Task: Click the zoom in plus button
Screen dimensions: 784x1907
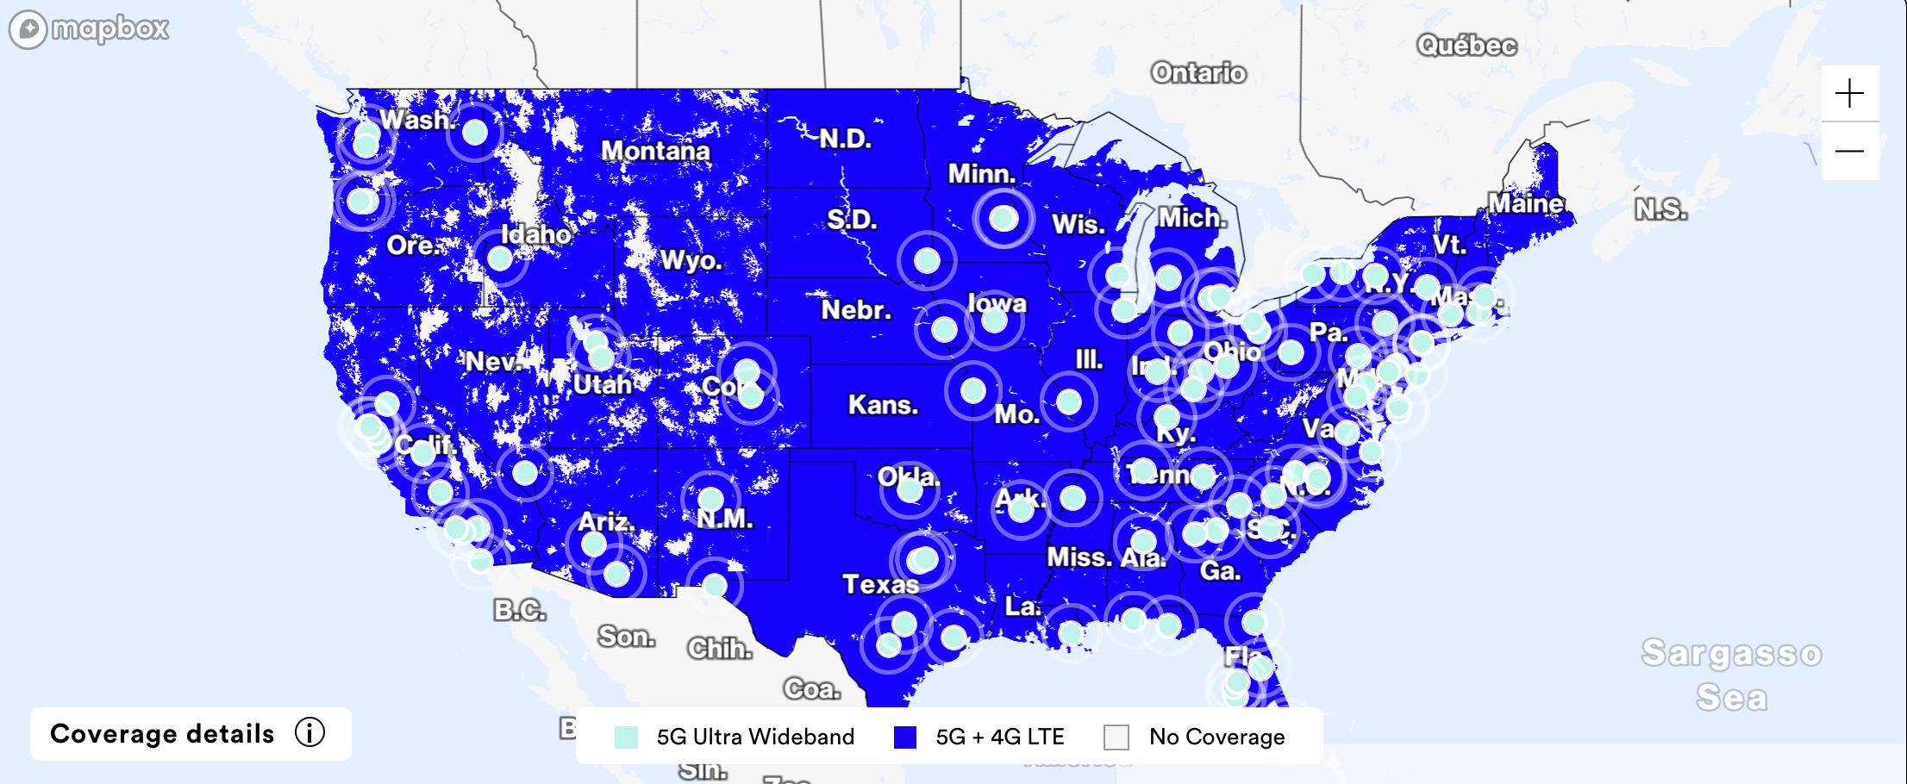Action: (x=1849, y=93)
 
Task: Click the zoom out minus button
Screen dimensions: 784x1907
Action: (x=1849, y=152)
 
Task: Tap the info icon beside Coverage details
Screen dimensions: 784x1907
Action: (x=309, y=732)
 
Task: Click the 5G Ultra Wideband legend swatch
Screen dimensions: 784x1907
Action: (x=626, y=737)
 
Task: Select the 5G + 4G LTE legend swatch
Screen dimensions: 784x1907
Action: (x=904, y=737)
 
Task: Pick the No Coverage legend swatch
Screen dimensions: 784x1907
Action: (x=1116, y=737)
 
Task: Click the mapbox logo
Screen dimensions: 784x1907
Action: (x=89, y=29)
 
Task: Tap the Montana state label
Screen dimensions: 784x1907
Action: (x=655, y=151)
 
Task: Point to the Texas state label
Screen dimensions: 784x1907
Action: (x=880, y=584)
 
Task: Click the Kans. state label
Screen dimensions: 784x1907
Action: (x=883, y=404)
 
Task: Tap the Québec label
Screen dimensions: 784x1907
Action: (x=1466, y=45)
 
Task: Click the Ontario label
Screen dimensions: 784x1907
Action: (x=1198, y=72)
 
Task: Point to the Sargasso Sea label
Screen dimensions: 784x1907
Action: (x=1731, y=675)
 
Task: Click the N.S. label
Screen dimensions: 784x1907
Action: (x=1660, y=209)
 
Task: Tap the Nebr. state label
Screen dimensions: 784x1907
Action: (x=855, y=309)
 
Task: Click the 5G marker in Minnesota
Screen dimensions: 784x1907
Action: (x=1003, y=218)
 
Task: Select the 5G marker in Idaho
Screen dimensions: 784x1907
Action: (x=500, y=258)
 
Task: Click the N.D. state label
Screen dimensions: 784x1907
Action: (x=845, y=139)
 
